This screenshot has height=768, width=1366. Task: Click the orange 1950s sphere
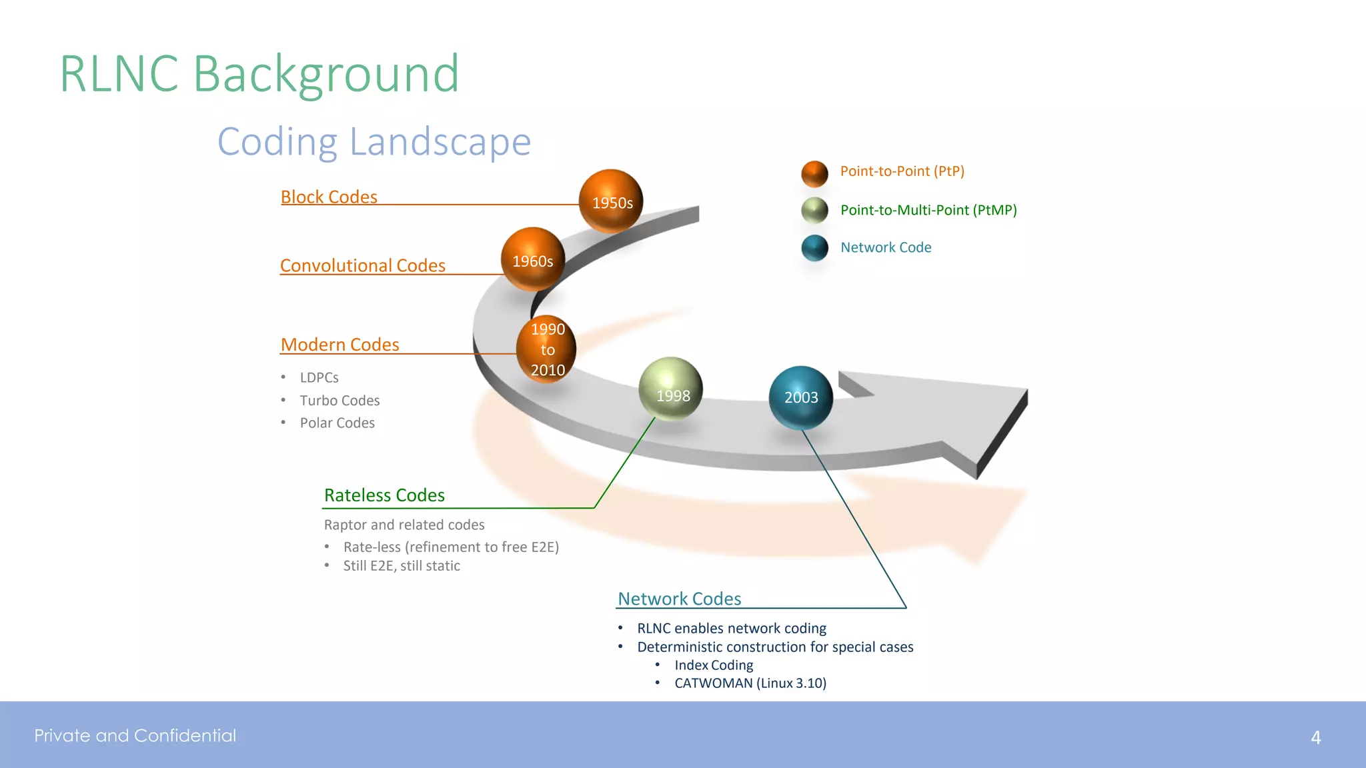(x=610, y=201)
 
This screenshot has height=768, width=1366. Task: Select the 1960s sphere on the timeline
(x=532, y=259)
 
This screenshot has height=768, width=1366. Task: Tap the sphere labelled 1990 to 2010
(x=546, y=349)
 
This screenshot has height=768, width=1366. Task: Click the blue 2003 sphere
(x=800, y=397)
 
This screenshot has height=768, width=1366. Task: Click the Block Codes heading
(x=329, y=197)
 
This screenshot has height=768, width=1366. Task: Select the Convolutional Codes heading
(x=362, y=265)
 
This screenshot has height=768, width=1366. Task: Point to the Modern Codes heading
(x=339, y=345)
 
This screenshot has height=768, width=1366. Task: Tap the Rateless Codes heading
(x=384, y=495)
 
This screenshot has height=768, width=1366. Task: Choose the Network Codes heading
(x=679, y=599)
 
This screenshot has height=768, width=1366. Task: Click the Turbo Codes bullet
(x=339, y=401)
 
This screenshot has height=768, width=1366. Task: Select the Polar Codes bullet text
(x=337, y=423)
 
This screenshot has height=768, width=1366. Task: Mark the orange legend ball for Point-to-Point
(x=814, y=173)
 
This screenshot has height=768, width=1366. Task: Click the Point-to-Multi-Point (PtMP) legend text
(x=928, y=210)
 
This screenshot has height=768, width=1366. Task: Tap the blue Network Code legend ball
(x=814, y=248)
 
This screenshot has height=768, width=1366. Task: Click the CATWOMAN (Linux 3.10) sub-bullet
(x=750, y=683)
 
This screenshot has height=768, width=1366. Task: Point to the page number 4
(x=1315, y=737)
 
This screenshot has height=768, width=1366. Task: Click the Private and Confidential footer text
(x=135, y=735)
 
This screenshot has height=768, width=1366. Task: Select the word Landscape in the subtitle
(x=440, y=142)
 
